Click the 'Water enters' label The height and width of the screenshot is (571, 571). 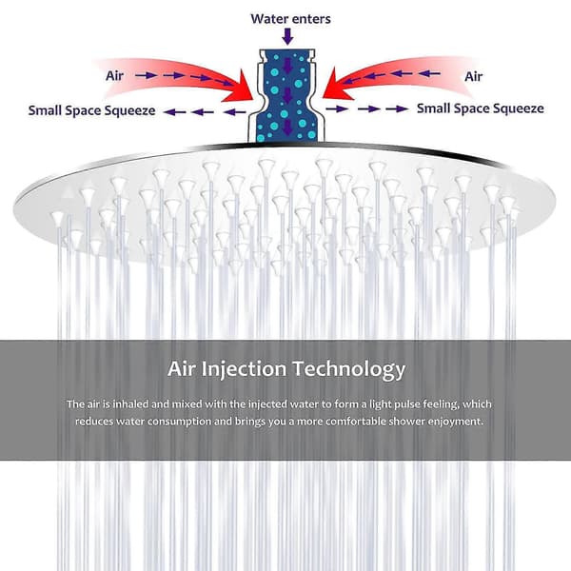[x=290, y=19]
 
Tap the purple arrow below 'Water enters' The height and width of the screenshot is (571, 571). [x=287, y=36]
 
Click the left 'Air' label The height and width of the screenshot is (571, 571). [x=115, y=76]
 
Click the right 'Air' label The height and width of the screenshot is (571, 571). [x=473, y=76]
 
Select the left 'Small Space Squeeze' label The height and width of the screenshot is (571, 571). [x=91, y=110]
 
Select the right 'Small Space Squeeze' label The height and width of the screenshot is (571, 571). [x=481, y=108]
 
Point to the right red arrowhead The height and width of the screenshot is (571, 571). [x=337, y=86]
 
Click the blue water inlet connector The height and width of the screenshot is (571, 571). [x=286, y=95]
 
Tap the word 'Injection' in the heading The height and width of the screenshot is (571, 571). [x=244, y=369]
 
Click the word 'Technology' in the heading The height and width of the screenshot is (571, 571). [x=349, y=369]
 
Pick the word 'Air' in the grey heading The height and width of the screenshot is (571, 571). [x=182, y=368]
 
